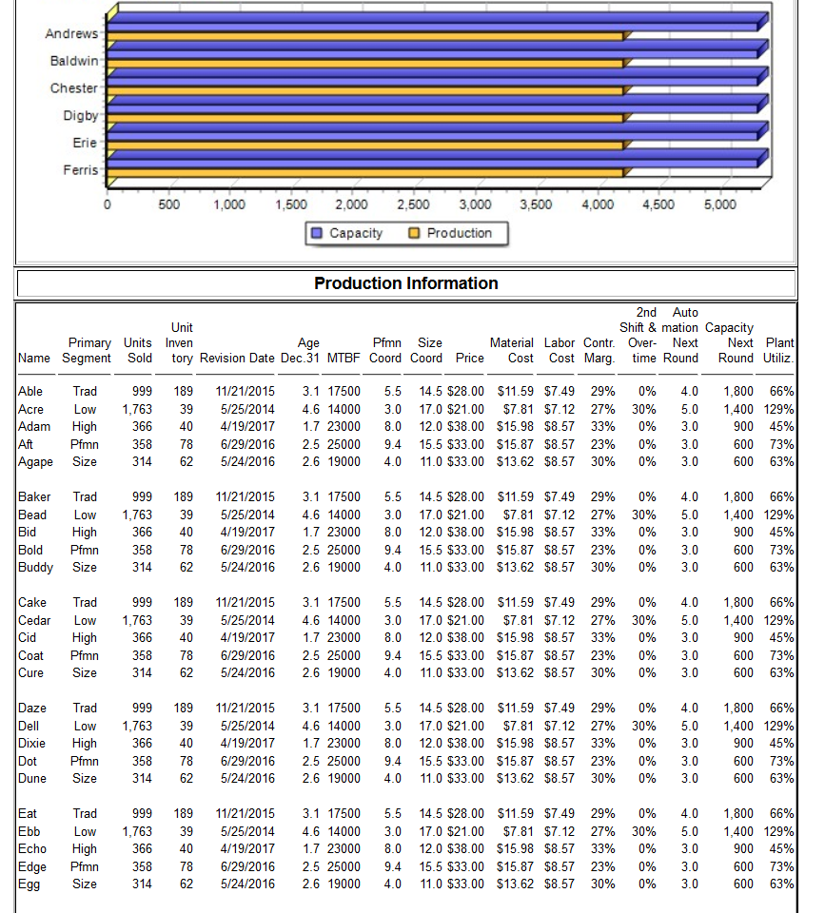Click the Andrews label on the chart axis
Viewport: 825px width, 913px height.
point(71,34)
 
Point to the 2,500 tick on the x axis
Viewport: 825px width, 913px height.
point(411,206)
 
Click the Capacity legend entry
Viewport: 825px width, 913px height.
point(347,233)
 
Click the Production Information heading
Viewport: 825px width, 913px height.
point(405,283)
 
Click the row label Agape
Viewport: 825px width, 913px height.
point(35,461)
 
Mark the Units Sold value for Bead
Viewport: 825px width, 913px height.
point(135,515)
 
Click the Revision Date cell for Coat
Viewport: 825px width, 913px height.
point(246,655)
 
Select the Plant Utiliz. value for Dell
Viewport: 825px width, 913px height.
point(780,727)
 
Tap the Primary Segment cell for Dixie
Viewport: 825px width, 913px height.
point(84,744)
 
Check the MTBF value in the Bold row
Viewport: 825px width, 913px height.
point(344,550)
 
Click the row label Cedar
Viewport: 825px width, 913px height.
point(36,620)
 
